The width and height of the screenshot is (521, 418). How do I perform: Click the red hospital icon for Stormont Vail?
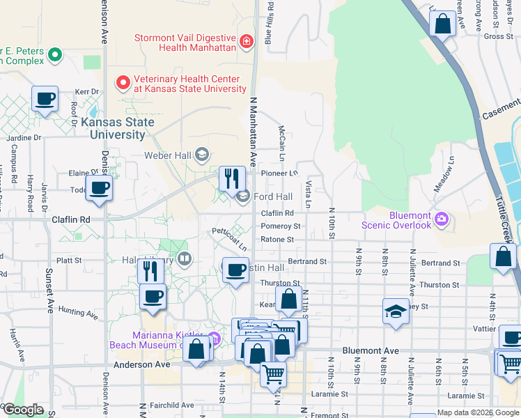point(245,42)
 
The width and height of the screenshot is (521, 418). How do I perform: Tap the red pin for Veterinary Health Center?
point(123,83)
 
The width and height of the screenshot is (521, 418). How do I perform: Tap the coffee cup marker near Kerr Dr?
point(45,99)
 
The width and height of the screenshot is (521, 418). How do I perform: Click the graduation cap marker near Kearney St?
point(396,311)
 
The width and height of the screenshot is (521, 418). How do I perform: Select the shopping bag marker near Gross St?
point(443,24)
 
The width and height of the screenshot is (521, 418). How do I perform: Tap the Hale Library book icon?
point(185,260)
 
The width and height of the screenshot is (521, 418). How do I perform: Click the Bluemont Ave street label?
point(371,350)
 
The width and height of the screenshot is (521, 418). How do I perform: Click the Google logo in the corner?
point(22,410)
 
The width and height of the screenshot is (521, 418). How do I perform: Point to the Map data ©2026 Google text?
point(478,412)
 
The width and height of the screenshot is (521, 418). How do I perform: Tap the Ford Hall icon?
point(242,197)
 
